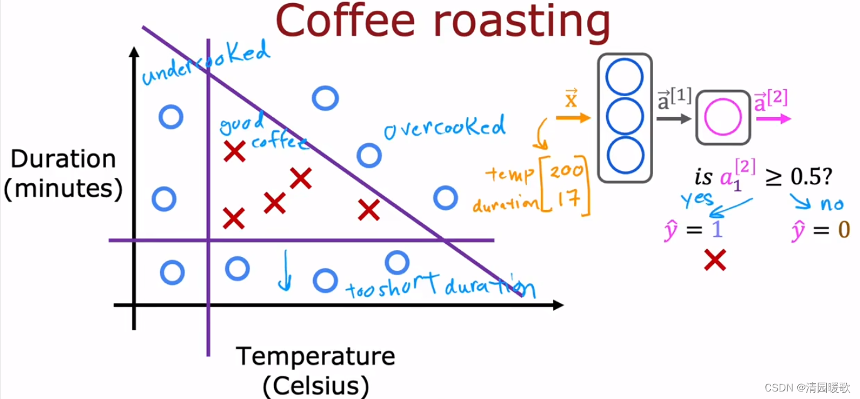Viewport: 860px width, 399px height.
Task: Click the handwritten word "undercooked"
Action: coord(205,63)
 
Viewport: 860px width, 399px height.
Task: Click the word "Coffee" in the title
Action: coord(349,22)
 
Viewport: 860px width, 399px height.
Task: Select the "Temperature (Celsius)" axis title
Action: coord(316,370)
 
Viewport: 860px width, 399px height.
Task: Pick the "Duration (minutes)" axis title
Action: coord(63,173)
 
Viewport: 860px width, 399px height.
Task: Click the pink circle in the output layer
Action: coord(723,118)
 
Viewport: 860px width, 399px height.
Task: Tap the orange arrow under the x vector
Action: coord(573,118)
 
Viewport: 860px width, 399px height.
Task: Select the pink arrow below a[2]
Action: coord(773,118)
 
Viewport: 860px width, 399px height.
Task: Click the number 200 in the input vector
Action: coord(570,171)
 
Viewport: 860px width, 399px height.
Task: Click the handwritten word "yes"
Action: coord(698,199)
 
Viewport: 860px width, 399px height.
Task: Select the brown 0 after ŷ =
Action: coord(844,229)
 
